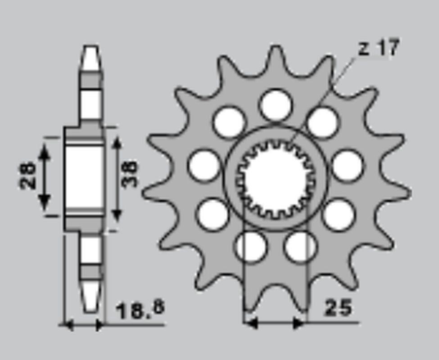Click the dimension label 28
tap(28, 175)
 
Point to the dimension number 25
tap(338, 309)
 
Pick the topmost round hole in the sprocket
tap(276, 105)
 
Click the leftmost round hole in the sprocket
tap(204, 166)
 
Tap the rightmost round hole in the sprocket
tap(348, 166)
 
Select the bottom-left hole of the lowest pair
tap(250, 247)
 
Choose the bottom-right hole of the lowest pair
tap(300, 247)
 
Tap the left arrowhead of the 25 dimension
tap(250, 323)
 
